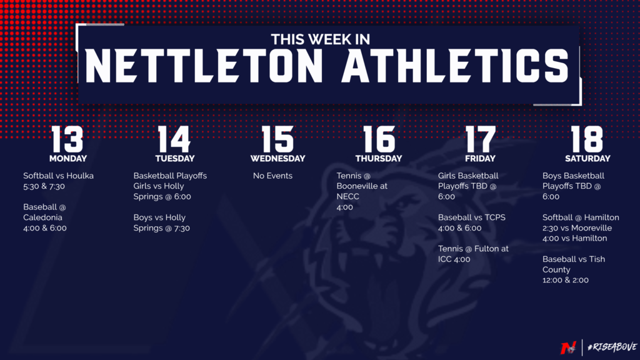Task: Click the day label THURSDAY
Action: [x=379, y=158]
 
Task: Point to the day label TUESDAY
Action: [x=175, y=158]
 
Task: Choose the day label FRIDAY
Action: [x=480, y=158]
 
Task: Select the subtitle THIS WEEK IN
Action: [x=321, y=39]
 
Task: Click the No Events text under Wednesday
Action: [x=272, y=176]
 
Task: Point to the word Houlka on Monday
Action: [x=81, y=176]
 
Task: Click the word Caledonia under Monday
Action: [x=43, y=217]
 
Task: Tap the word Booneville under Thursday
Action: [x=362, y=186]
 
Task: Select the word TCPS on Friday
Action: [x=495, y=217]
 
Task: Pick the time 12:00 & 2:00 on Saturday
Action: [x=565, y=281]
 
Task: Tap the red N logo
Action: [x=568, y=347]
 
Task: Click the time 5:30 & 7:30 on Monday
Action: [x=44, y=186]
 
